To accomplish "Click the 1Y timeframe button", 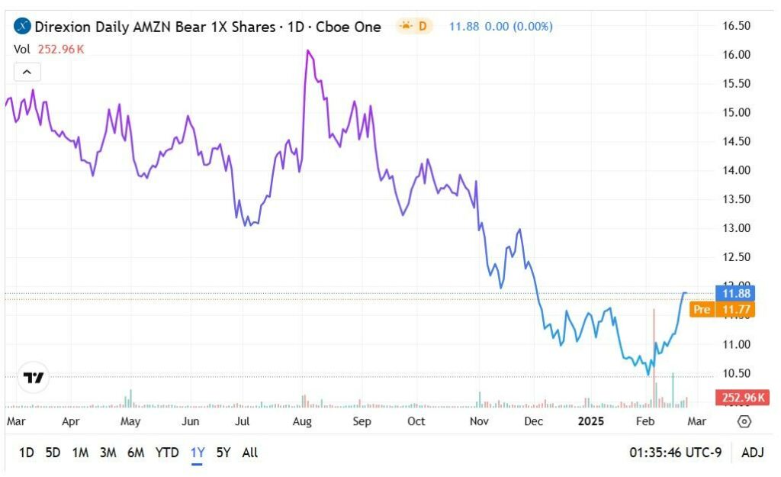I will click(x=198, y=453).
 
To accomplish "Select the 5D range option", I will click(x=53, y=453).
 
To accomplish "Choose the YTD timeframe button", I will click(x=167, y=453).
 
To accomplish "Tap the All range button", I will click(x=249, y=453).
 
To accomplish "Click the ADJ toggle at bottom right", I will click(x=753, y=453).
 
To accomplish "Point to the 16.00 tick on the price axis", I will click(x=737, y=55).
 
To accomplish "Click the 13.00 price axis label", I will click(x=737, y=228).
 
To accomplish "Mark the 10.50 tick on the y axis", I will click(x=737, y=373).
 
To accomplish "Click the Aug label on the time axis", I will click(x=302, y=421).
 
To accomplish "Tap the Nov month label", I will click(x=479, y=421).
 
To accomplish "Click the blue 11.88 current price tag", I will click(x=738, y=293).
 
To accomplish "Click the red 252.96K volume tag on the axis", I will click(x=741, y=398).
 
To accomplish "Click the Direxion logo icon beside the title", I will click(x=22, y=27).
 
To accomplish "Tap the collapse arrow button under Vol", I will click(x=27, y=73).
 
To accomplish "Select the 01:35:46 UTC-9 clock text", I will click(x=675, y=453).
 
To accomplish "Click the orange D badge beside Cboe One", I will click(x=415, y=27).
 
